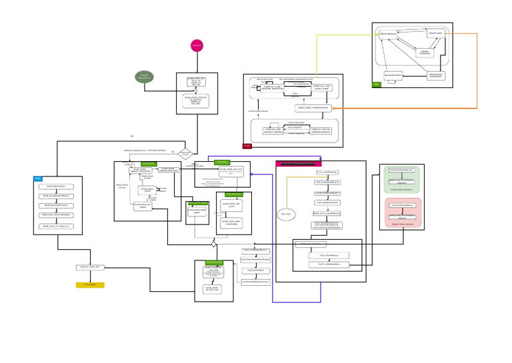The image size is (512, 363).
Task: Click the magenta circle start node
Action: coord(197,45)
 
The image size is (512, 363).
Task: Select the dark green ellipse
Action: coord(144,77)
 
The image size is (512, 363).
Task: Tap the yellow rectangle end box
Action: coord(90,284)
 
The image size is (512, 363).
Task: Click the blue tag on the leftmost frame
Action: coord(37,179)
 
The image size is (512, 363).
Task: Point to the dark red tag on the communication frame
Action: coord(247,145)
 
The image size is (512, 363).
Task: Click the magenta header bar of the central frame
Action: coord(299,163)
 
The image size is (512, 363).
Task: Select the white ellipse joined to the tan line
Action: coord(286,214)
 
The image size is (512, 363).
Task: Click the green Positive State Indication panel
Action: coord(402,180)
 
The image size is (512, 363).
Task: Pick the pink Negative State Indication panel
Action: coord(402,212)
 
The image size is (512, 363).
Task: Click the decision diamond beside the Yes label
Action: coord(185,154)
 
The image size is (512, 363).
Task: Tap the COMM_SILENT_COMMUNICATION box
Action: coord(313,108)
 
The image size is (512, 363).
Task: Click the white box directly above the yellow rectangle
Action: coord(90,267)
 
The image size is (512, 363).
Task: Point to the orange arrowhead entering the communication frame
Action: coord(334,108)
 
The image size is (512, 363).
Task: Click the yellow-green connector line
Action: coord(347,35)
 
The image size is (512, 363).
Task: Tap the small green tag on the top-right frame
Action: coord(377,85)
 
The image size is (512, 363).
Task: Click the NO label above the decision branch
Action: coord(132,137)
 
